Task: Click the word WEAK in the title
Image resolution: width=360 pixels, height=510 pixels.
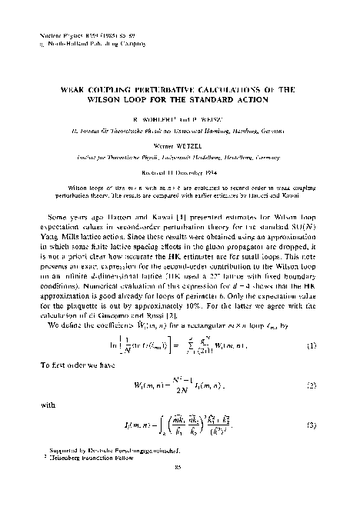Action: pyautogui.click(x=72, y=90)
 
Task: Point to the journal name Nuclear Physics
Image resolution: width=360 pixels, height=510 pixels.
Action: pyautogui.click(x=58, y=35)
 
